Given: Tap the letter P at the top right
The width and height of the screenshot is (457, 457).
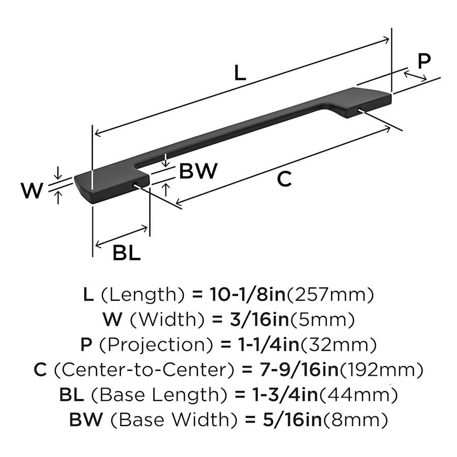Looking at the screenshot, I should pyautogui.click(x=423, y=61).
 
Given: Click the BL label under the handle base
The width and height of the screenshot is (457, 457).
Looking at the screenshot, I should pyautogui.click(x=126, y=253).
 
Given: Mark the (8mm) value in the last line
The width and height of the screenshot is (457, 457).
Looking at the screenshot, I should pyautogui.click(x=356, y=420).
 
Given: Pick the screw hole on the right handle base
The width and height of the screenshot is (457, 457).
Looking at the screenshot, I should pyautogui.click(x=360, y=109).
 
